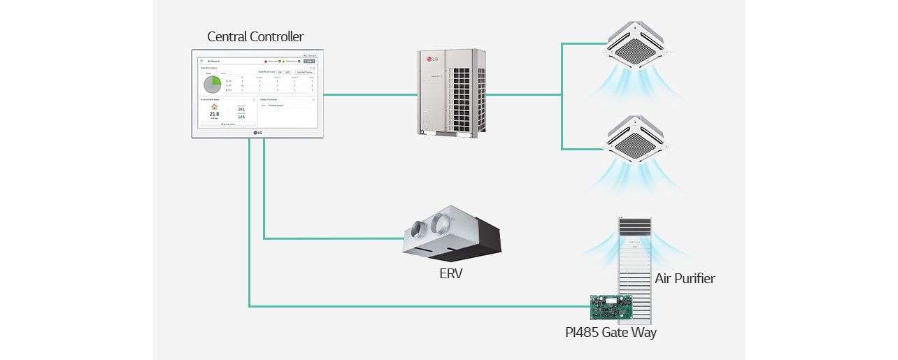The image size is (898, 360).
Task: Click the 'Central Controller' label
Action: [255, 37]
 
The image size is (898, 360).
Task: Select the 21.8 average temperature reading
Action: [214, 114]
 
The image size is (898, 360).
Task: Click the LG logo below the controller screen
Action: [258, 132]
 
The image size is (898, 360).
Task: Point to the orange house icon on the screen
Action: [214, 107]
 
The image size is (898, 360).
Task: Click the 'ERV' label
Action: [450, 274]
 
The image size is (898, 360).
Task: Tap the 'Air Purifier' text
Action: [685, 279]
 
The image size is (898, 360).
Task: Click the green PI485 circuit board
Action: [611, 305]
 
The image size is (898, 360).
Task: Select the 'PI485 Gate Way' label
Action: [611, 332]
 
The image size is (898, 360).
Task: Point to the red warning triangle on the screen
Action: [266, 62]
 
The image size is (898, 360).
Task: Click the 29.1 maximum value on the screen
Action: [241, 110]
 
